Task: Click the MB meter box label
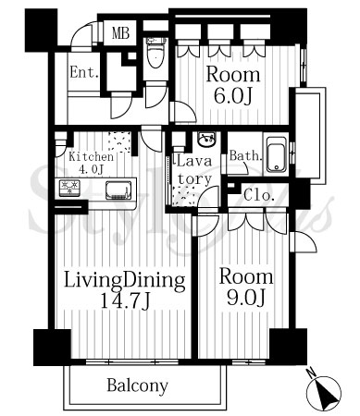click(120, 33)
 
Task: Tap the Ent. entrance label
click(84, 73)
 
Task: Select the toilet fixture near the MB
click(156, 53)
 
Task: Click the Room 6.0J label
click(233, 85)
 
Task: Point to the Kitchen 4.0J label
click(91, 163)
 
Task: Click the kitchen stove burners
click(69, 188)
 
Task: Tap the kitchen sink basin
click(118, 190)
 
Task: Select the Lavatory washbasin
click(206, 140)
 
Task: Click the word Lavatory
click(193, 170)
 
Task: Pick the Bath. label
click(245, 155)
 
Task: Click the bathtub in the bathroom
click(277, 154)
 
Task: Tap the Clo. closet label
click(259, 195)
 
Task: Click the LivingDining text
click(124, 280)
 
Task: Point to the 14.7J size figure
click(125, 301)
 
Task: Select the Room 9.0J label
click(246, 288)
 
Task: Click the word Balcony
click(137, 385)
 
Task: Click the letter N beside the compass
click(312, 373)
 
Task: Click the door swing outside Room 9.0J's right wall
click(304, 242)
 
